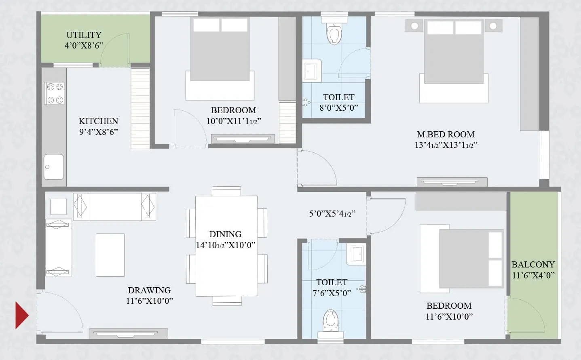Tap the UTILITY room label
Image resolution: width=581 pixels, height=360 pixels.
84,35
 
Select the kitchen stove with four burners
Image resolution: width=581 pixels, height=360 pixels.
54,93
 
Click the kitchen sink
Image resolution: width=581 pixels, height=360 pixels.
54,167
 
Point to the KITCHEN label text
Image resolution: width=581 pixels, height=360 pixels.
98,121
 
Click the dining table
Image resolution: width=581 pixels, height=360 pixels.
226,246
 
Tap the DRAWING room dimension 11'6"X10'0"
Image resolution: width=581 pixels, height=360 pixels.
149,301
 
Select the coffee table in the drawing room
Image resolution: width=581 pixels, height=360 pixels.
110,255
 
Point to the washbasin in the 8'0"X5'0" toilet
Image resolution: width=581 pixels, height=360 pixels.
311,71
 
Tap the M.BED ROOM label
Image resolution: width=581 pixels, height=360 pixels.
446,135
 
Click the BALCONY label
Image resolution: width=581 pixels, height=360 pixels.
533,265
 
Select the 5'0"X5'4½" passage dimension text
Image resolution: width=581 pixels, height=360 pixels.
332,214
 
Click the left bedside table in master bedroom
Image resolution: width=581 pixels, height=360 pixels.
414,26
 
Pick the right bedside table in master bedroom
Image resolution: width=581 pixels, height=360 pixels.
493,26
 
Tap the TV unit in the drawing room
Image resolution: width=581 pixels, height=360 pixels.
128,333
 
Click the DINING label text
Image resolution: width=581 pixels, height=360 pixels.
225,234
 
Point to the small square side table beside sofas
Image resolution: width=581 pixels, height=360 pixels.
58,206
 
